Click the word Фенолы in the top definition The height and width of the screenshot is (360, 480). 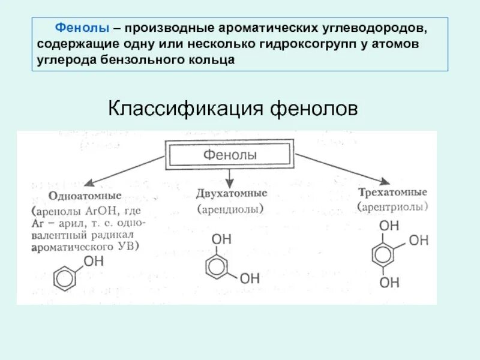point(82,28)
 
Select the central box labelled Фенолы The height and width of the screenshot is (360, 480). point(230,155)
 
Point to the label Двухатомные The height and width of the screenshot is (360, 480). point(232,194)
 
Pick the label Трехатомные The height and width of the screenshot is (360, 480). point(392,193)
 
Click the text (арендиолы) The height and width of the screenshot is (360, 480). point(231,210)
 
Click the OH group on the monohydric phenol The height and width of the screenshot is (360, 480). point(94,262)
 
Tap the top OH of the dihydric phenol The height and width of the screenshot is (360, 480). point(221,238)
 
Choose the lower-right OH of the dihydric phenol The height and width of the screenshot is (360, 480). point(250,278)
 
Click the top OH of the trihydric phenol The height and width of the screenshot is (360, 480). point(389,226)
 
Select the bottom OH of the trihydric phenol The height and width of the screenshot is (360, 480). point(389,282)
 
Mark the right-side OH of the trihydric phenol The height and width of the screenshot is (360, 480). point(418,241)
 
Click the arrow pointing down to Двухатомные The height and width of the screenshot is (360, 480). point(230,177)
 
